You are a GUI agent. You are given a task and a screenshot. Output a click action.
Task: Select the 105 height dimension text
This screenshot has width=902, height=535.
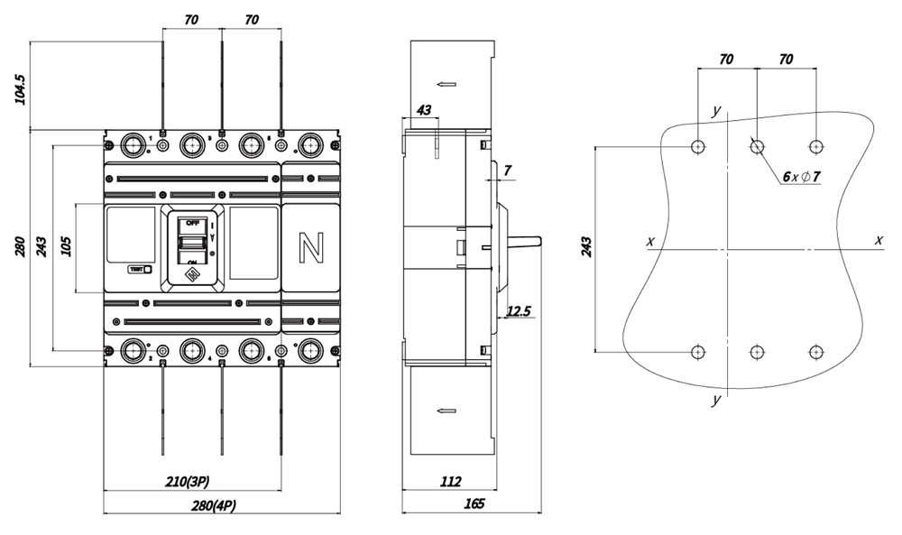click(66, 247)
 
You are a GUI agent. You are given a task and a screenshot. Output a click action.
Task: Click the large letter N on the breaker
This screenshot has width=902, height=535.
click(311, 248)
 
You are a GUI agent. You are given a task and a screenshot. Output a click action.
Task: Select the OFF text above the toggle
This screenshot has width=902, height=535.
click(192, 222)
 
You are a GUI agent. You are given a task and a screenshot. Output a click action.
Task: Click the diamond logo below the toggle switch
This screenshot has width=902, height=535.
click(192, 272)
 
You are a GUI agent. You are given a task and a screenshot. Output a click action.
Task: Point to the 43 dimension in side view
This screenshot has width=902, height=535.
click(422, 110)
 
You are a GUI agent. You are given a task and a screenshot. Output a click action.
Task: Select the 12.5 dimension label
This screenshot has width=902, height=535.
click(520, 311)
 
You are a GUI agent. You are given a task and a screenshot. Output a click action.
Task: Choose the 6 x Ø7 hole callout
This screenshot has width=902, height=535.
click(801, 177)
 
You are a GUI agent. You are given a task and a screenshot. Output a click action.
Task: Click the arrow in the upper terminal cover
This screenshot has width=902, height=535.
click(446, 85)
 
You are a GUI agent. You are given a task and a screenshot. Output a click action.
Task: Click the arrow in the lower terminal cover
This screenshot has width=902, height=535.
click(446, 410)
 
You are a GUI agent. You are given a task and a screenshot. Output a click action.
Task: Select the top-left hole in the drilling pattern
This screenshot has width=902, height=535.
click(698, 146)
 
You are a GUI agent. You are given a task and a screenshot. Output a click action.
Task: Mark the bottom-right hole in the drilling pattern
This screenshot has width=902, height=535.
click(815, 352)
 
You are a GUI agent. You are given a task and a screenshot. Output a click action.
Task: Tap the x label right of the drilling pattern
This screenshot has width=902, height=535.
click(878, 240)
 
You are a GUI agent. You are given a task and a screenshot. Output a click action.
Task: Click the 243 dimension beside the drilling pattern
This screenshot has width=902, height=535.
click(585, 247)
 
